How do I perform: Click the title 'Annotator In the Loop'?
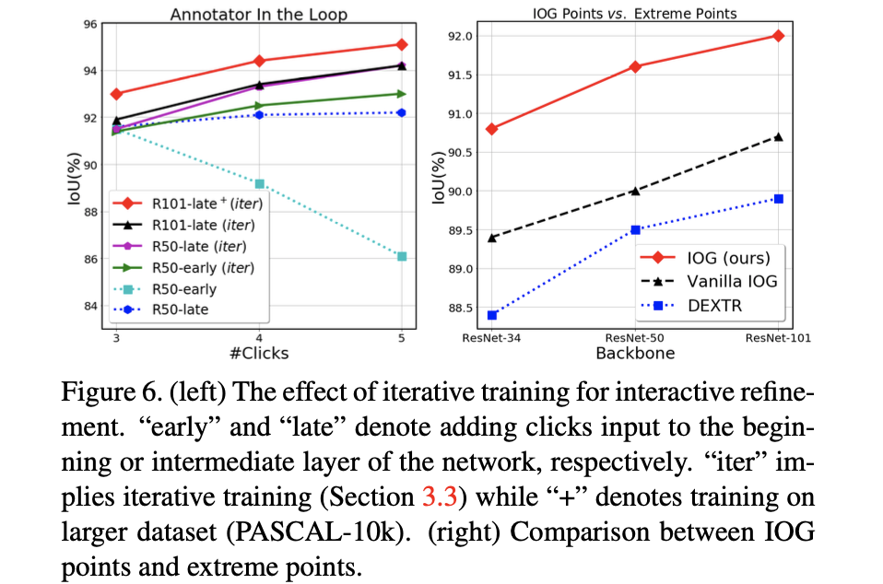259,14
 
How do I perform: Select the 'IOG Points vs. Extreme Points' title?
635,14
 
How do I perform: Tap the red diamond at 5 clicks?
402,44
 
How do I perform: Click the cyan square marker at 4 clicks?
260,183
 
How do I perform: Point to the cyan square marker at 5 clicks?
402,256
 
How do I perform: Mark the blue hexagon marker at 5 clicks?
402,112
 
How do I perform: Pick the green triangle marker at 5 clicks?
402,93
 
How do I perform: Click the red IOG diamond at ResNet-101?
779,36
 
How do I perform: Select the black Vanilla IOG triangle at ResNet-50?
635,191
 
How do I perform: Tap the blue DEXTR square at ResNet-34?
492,315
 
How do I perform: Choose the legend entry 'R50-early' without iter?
183,288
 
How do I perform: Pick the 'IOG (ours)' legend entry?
727,257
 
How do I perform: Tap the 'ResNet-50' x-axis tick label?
635,338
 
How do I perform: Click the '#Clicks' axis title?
259,353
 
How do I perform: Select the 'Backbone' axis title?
635,353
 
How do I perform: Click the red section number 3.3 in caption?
438,497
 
